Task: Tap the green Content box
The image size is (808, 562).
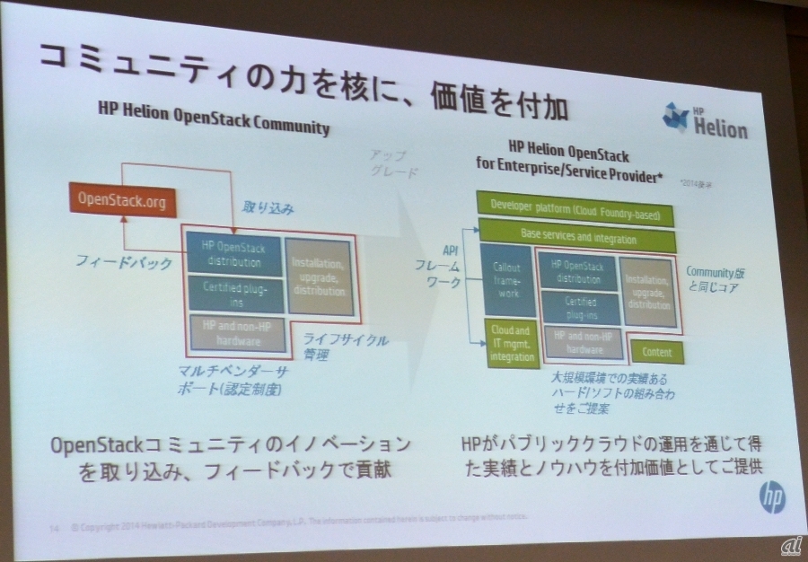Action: (658, 351)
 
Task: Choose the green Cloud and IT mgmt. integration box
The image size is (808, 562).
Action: (511, 343)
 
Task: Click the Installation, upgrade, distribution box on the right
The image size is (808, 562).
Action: (649, 290)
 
